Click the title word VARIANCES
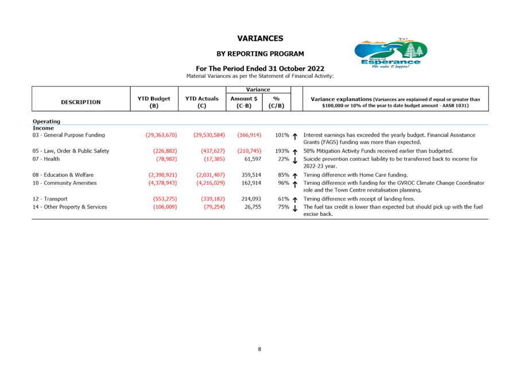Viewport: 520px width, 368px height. (260, 38)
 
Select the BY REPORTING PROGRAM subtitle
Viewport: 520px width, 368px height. (260, 53)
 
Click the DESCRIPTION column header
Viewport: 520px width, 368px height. (80, 102)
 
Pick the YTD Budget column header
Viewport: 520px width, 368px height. (154, 102)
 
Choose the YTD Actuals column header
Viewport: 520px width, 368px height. (202, 102)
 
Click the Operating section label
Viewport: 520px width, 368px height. (46, 121)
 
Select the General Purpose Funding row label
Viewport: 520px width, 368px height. (69, 135)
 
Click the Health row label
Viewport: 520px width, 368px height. (46, 158)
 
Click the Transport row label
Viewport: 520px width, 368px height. (50, 199)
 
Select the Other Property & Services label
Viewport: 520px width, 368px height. (69, 206)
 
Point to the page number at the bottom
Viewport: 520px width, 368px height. (259, 348)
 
